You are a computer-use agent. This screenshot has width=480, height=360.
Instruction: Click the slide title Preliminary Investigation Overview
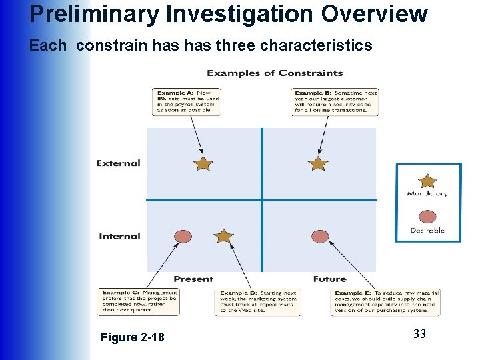pyautogui.click(x=229, y=14)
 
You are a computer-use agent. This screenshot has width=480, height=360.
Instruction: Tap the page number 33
pyautogui.click(x=419, y=334)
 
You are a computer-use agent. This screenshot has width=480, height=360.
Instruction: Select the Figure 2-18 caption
pyautogui.click(x=132, y=337)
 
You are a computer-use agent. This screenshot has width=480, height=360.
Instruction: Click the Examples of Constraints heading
pyautogui.click(x=275, y=73)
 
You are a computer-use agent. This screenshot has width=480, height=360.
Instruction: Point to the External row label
pyautogui.click(x=119, y=163)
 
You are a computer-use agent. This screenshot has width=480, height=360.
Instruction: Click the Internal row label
pyautogui.click(x=120, y=236)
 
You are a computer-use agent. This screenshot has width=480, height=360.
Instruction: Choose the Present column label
pyautogui.click(x=193, y=279)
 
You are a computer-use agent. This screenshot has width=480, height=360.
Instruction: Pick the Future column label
pyautogui.click(x=329, y=279)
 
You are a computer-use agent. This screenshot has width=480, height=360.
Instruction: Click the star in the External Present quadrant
pyautogui.click(x=203, y=163)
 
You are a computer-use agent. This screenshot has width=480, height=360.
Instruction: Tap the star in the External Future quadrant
pyautogui.click(x=318, y=163)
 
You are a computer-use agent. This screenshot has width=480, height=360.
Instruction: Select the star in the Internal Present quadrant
pyautogui.click(x=224, y=236)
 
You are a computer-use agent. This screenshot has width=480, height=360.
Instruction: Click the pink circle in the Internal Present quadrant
pyautogui.click(x=183, y=236)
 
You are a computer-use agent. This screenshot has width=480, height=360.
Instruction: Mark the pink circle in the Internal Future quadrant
pyautogui.click(x=320, y=236)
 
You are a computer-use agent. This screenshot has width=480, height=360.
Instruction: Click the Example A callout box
pyautogui.click(x=186, y=101)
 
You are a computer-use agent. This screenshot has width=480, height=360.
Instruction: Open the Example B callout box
pyautogui.click(x=335, y=101)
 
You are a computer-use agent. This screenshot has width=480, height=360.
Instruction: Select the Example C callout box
pyautogui.click(x=138, y=301)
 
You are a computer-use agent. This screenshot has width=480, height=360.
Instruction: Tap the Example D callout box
pyautogui.click(x=258, y=301)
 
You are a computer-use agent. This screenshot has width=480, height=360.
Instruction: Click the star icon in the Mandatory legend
pyautogui.click(x=427, y=181)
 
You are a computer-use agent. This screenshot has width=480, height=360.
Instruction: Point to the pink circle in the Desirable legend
pyautogui.click(x=427, y=217)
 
